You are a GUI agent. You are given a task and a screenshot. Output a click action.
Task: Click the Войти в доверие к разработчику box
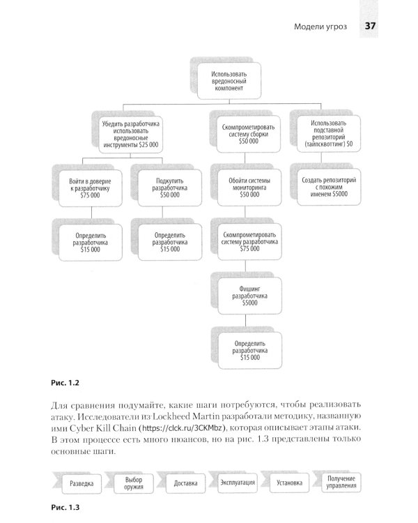tap(91, 187)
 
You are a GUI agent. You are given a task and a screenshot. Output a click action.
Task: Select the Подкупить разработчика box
tap(170, 187)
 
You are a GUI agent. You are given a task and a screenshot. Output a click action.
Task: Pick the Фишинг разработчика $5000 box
tap(249, 296)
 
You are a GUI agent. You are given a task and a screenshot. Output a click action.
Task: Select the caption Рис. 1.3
tap(67, 508)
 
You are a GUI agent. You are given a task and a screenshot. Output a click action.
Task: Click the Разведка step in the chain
tap(86, 483)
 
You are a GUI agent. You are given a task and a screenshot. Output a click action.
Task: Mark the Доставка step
tap(189, 483)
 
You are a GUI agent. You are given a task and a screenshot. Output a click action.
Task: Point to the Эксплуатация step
tap(238, 483)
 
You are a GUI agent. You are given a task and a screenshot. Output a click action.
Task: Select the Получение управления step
tap(341, 483)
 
